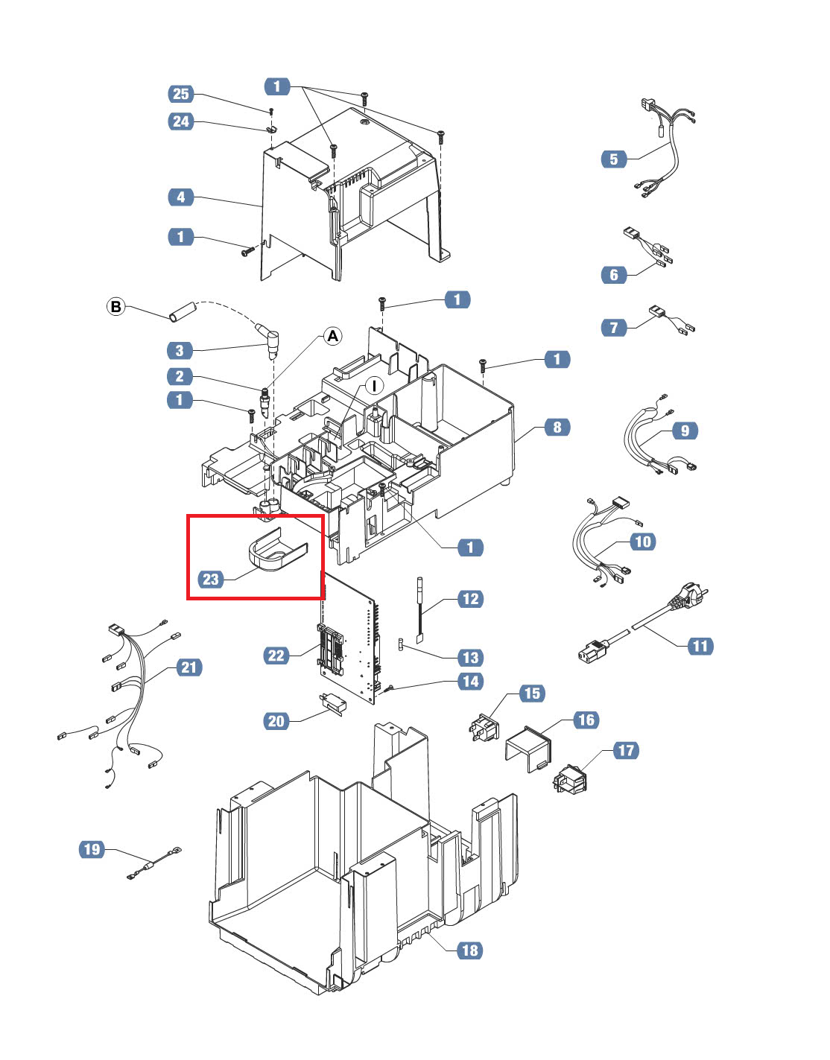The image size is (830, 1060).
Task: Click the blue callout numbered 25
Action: [181, 94]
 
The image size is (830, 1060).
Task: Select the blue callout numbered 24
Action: [181, 121]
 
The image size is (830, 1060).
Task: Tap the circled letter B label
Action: [116, 307]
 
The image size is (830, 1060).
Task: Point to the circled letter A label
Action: [332, 336]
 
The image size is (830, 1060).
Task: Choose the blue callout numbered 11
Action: [700, 646]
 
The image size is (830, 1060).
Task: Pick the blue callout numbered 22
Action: [276, 655]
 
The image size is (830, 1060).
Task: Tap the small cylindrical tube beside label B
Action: [182, 312]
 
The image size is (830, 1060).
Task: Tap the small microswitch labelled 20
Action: [332, 704]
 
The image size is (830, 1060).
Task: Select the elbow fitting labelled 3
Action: [269, 340]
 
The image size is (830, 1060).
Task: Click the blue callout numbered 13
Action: [471, 657]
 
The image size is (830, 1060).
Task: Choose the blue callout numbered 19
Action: [92, 848]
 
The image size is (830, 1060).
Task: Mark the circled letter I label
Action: [374, 385]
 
